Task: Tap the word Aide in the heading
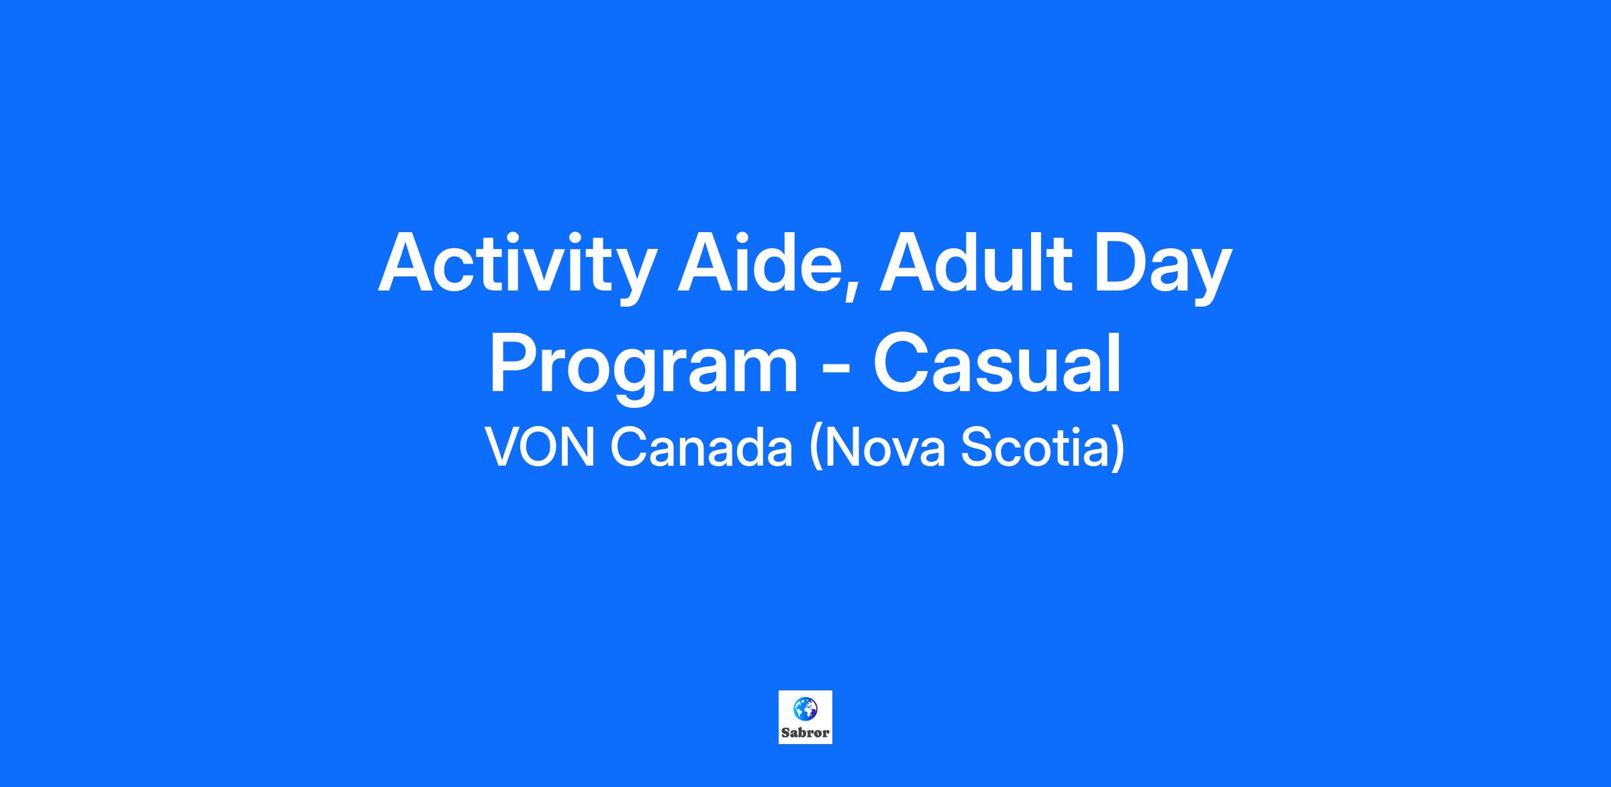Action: point(759,263)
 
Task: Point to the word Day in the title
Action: point(1165,267)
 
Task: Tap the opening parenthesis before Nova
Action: point(816,449)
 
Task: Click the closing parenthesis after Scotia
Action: point(1118,449)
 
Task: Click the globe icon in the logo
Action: point(805,708)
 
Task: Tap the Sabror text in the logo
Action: point(805,733)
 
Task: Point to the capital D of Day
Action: point(1124,263)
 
